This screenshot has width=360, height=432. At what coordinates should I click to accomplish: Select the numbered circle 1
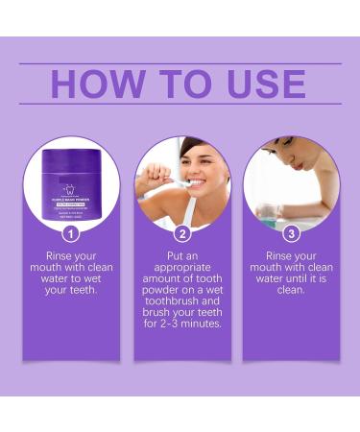[70, 232]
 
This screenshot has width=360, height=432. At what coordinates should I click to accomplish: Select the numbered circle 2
[181, 232]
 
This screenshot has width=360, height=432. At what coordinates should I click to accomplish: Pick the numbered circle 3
[291, 232]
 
